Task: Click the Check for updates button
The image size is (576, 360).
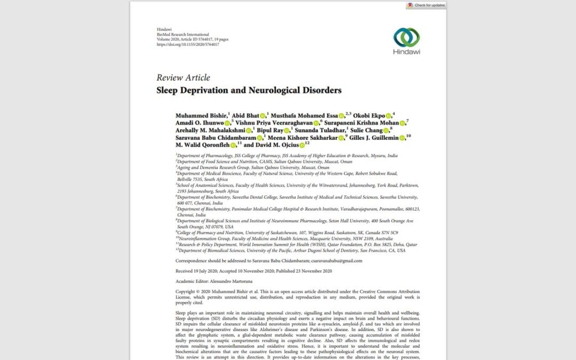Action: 426,5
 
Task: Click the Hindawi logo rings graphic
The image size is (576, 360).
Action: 406,37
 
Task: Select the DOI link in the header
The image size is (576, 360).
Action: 188,44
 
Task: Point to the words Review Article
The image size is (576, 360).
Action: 183,78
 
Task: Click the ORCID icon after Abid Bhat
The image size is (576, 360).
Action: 263,116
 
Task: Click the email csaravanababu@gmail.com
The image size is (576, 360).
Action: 333,261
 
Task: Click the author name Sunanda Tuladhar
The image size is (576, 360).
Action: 319,130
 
